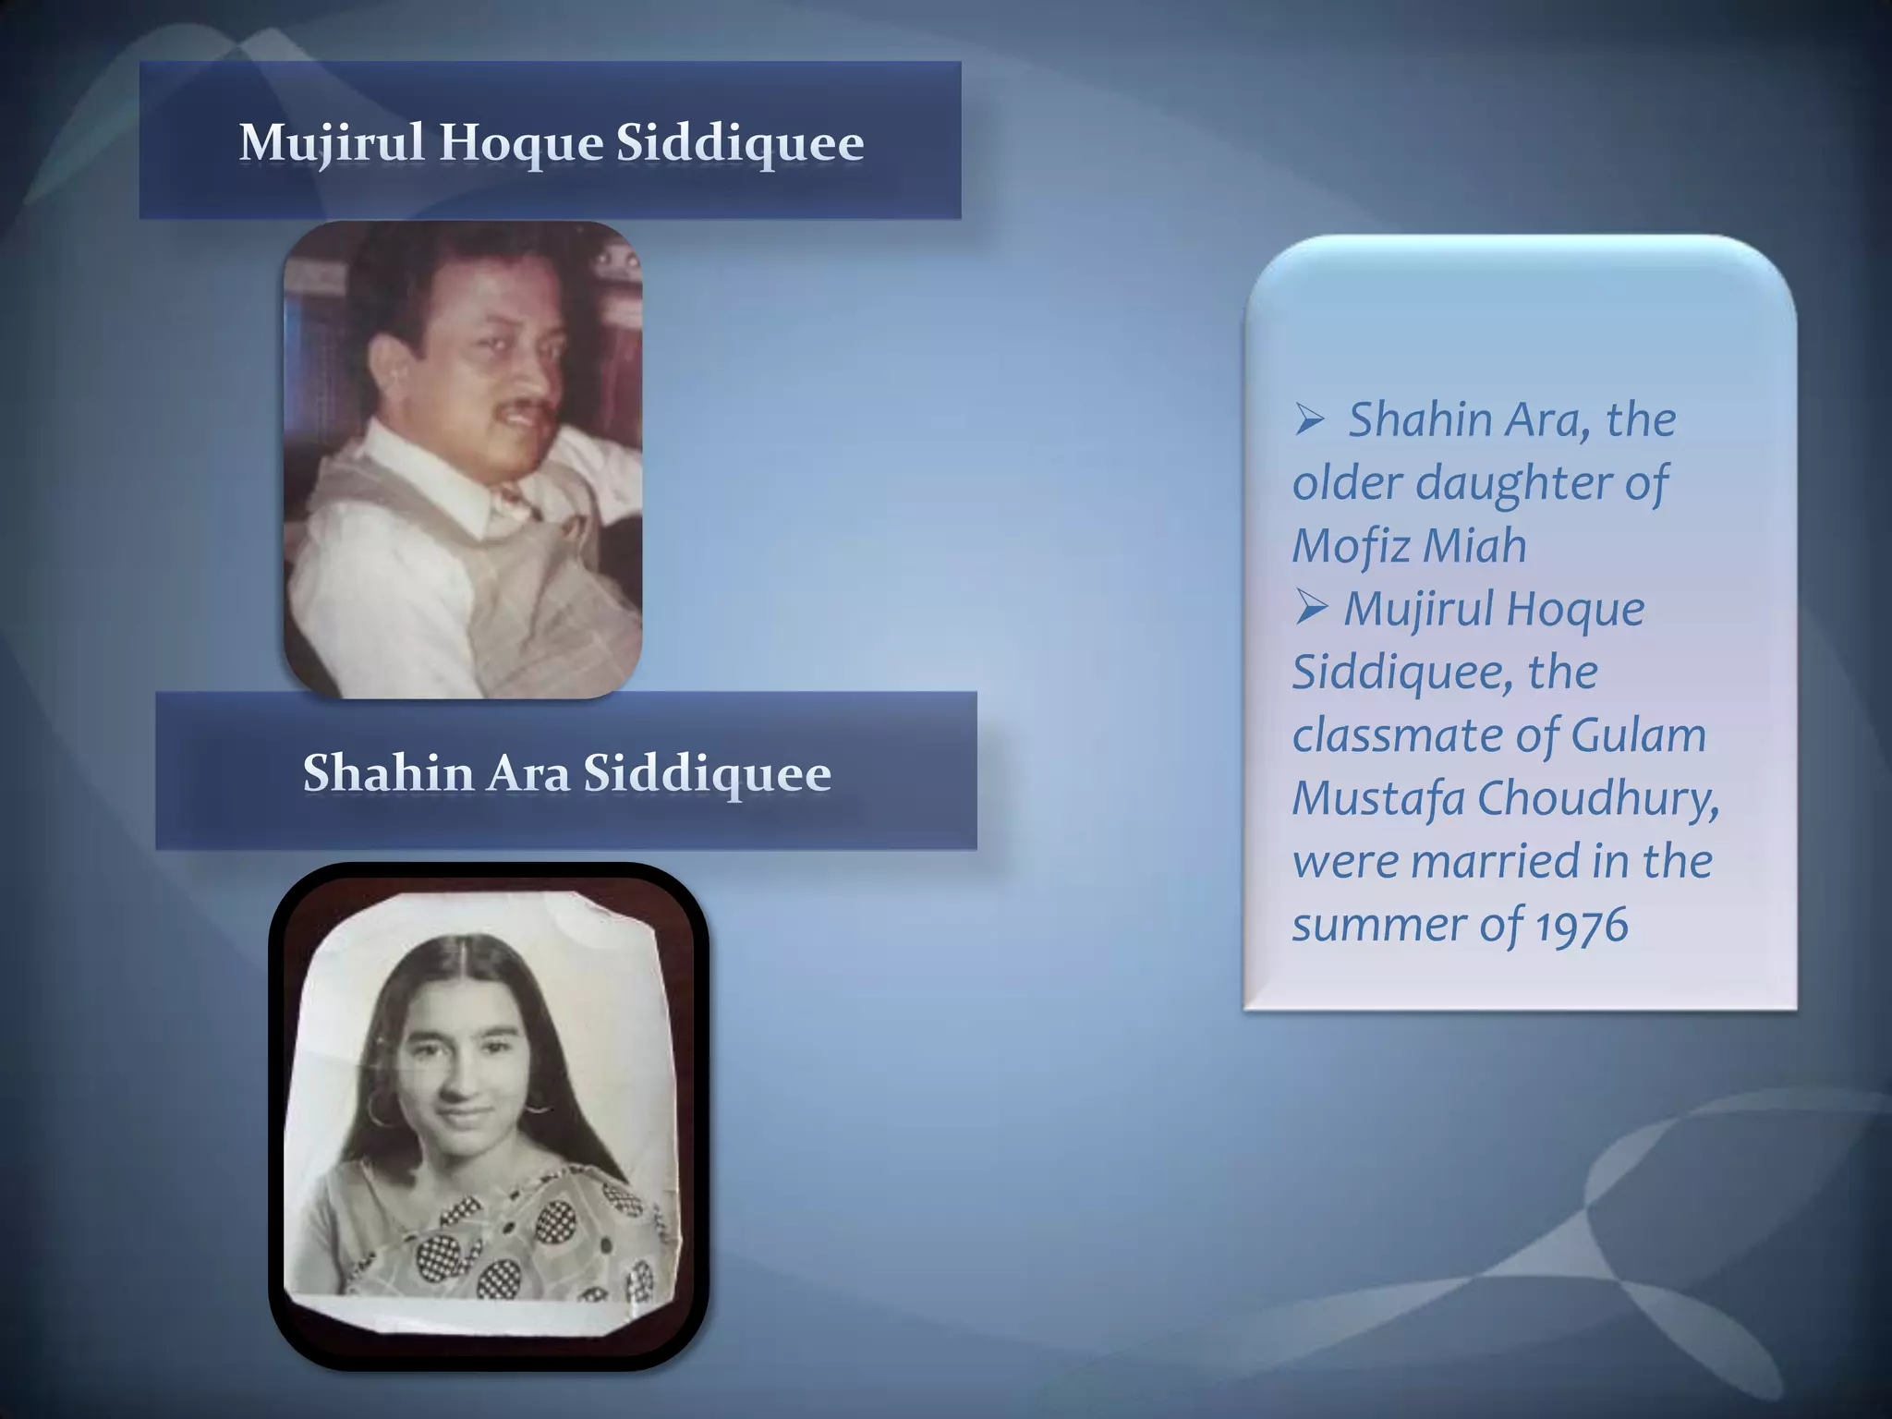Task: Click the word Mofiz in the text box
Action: pyautogui.click(x=1349, y=545)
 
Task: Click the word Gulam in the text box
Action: pyautogui.click(x=1638, y=735)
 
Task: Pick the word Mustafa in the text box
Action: pyautogui.click(x=1377, y=798)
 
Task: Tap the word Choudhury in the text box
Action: pyautogui.click(x=1598, y=798)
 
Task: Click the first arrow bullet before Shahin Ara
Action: pyautogui.click(x=1310, y=421)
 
